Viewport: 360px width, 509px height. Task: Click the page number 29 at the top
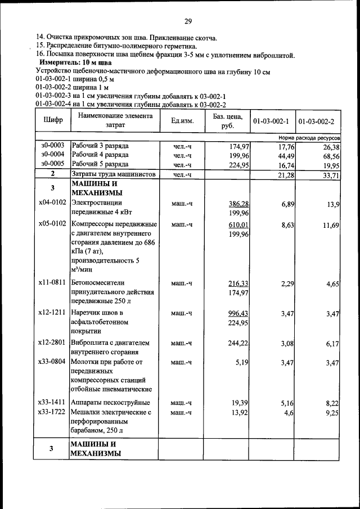[188, 21]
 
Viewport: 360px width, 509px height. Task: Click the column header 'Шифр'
[52, 120]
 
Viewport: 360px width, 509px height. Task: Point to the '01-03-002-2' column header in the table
[316, 121]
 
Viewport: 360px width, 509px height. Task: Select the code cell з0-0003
[52, 146]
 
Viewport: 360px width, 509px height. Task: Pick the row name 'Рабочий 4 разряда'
[100, 155]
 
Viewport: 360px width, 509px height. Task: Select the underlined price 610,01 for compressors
[238, 225]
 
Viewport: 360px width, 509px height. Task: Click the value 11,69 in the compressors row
[330, 225]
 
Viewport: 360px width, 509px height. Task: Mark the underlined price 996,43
[238, 313]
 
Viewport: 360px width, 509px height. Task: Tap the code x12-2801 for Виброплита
[52, 343]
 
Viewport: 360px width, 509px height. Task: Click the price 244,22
[238, 343]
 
